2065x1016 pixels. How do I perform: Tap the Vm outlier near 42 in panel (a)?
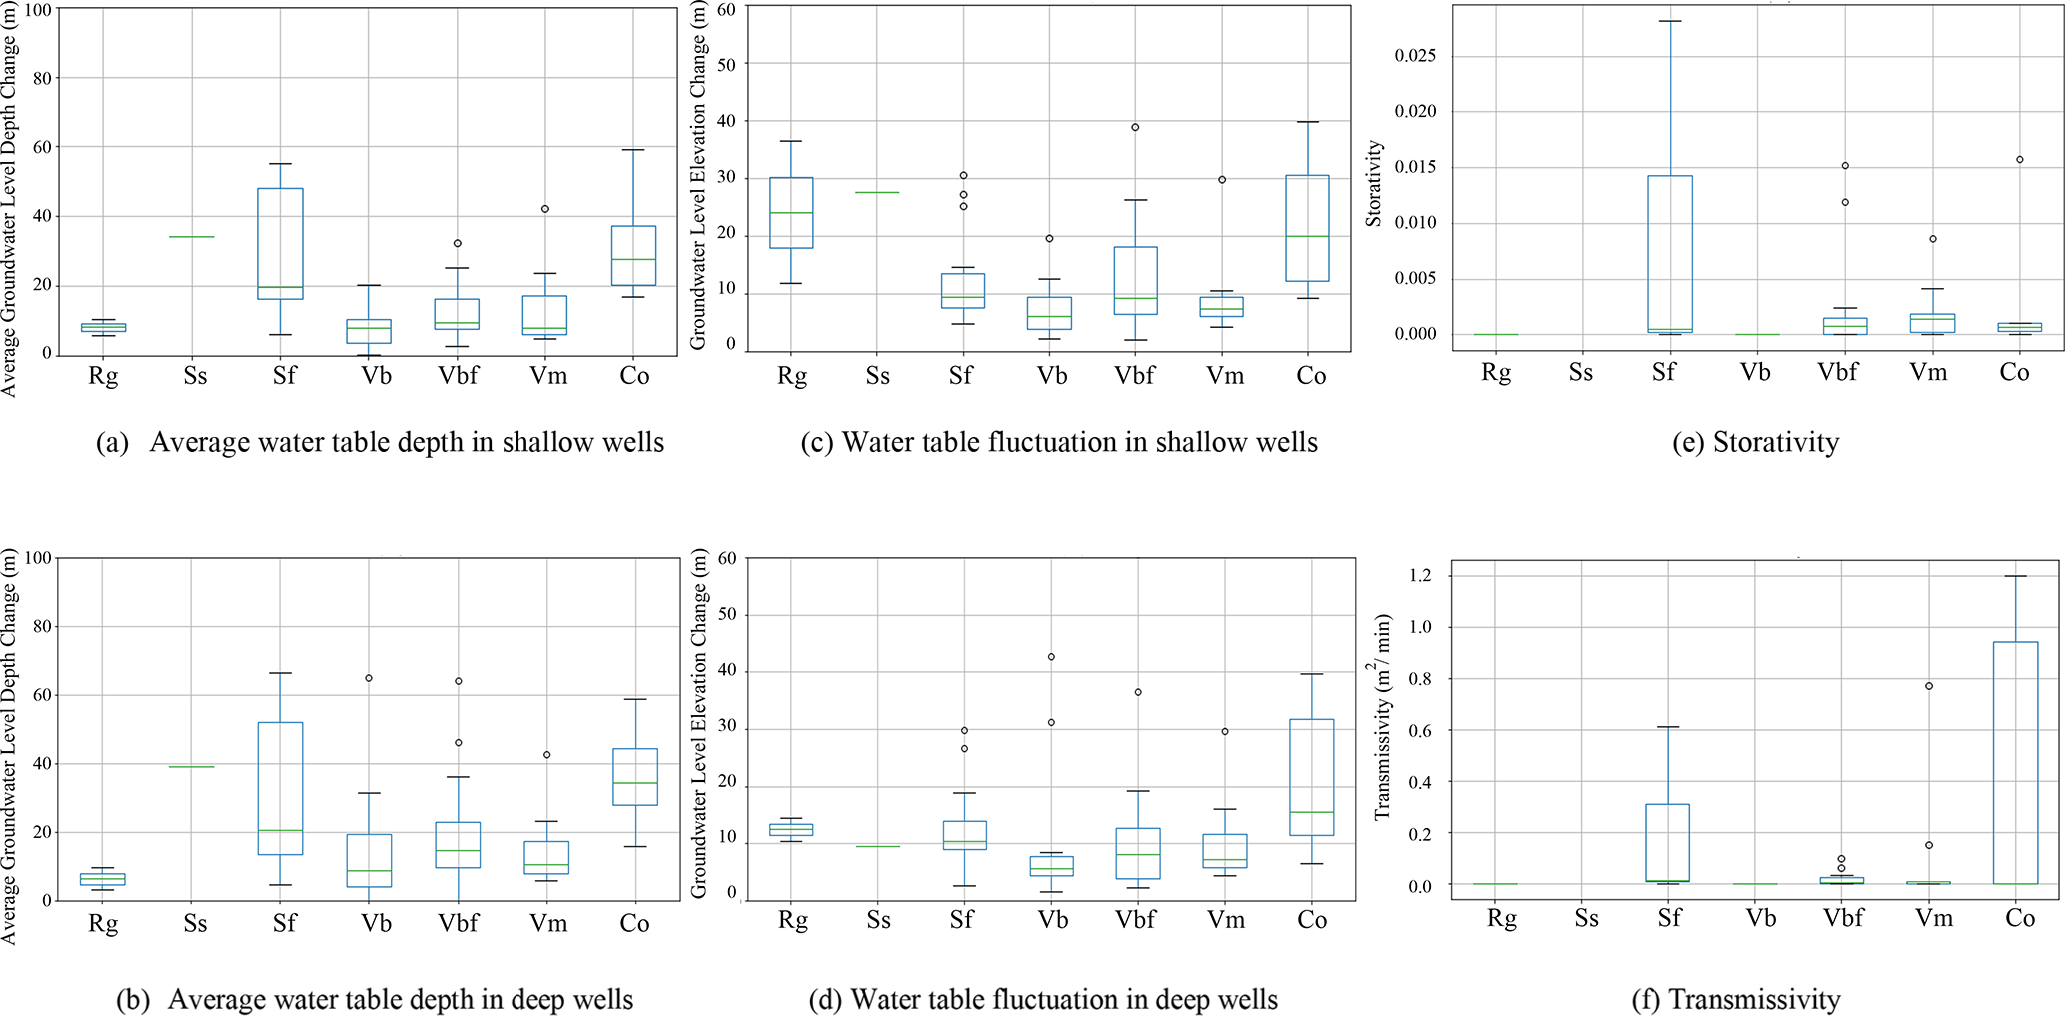[545, 209]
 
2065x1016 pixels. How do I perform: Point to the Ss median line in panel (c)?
[877, 192]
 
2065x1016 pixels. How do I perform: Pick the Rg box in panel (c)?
[791, 213]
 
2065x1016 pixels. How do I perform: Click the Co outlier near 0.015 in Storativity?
[2019, 159]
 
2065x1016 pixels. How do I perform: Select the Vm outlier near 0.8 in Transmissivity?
[1929, 686]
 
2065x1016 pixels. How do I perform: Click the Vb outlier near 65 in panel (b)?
[369, 678]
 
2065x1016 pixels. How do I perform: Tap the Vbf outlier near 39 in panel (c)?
[1135, 127]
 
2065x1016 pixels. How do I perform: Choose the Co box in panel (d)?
[1311, 777]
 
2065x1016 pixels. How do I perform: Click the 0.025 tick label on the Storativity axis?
[1415, 55]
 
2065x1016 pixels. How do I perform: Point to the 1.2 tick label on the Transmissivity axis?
[1420, 576]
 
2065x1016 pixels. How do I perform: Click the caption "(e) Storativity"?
[1755, 442]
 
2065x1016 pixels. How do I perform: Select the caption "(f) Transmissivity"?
[1735, 999]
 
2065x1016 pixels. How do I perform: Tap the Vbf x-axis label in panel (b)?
[458, 923]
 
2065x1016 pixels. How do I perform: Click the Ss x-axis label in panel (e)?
[1580, 373]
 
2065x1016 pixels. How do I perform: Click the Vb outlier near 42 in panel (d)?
[1051, 657]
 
